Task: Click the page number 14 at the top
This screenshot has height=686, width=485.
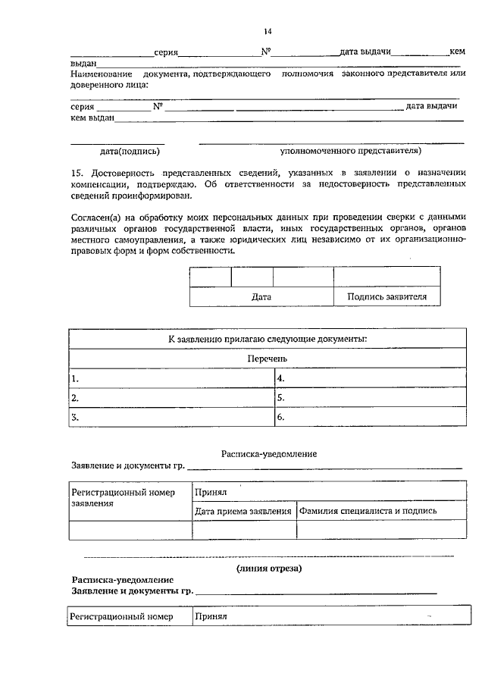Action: [268, 31]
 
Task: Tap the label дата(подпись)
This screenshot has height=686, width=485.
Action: [117, 151]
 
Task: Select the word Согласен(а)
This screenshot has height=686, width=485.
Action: [94, 218]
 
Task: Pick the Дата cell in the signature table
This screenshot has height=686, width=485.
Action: [261, 297]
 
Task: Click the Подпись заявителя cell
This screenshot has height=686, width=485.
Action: [386, 297]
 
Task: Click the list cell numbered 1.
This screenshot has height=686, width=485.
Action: [171, 377]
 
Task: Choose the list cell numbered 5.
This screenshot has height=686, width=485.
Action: [370, 397]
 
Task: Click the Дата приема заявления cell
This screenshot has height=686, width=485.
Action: [242, 511]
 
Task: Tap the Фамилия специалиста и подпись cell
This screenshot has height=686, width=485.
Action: [368, 511]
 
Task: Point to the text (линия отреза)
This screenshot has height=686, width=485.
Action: [268, 568]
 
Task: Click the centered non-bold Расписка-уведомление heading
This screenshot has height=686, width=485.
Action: [268, 453]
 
